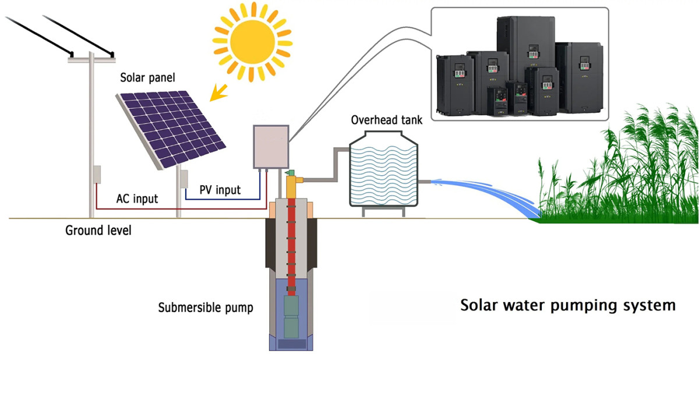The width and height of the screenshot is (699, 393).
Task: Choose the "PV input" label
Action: [x=220, y=190]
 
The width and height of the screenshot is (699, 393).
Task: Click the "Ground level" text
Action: [x=98, y=231]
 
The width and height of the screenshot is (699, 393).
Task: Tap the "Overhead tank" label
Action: [x=386, y=120]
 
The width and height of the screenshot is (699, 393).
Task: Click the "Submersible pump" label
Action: [x=206, y=307]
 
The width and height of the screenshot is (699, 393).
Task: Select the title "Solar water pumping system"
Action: [x=568, y=305]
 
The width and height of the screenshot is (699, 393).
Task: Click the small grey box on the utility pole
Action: [x=97, y=175]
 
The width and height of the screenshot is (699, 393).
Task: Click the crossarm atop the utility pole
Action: [x=91, y=58]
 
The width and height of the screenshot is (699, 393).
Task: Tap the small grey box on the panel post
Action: [x=183, y=179]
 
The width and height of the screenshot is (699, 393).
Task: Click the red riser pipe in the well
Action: [x=291, y=245]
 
